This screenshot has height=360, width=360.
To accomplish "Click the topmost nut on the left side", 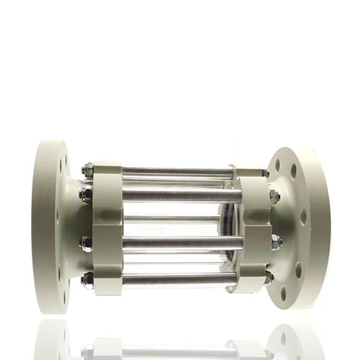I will (87, 171).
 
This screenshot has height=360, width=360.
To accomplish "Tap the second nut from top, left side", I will (86, 194).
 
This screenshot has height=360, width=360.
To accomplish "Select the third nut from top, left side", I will (86, 243).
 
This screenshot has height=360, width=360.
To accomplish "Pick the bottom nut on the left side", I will (87, 278).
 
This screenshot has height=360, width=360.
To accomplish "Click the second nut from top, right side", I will (274, 197).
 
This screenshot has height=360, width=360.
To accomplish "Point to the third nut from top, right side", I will (274, 243).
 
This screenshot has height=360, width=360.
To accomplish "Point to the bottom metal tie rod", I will (176, 277).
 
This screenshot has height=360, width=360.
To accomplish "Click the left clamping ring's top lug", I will (107, 171).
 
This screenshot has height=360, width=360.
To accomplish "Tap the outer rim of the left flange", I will (43, 223).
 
